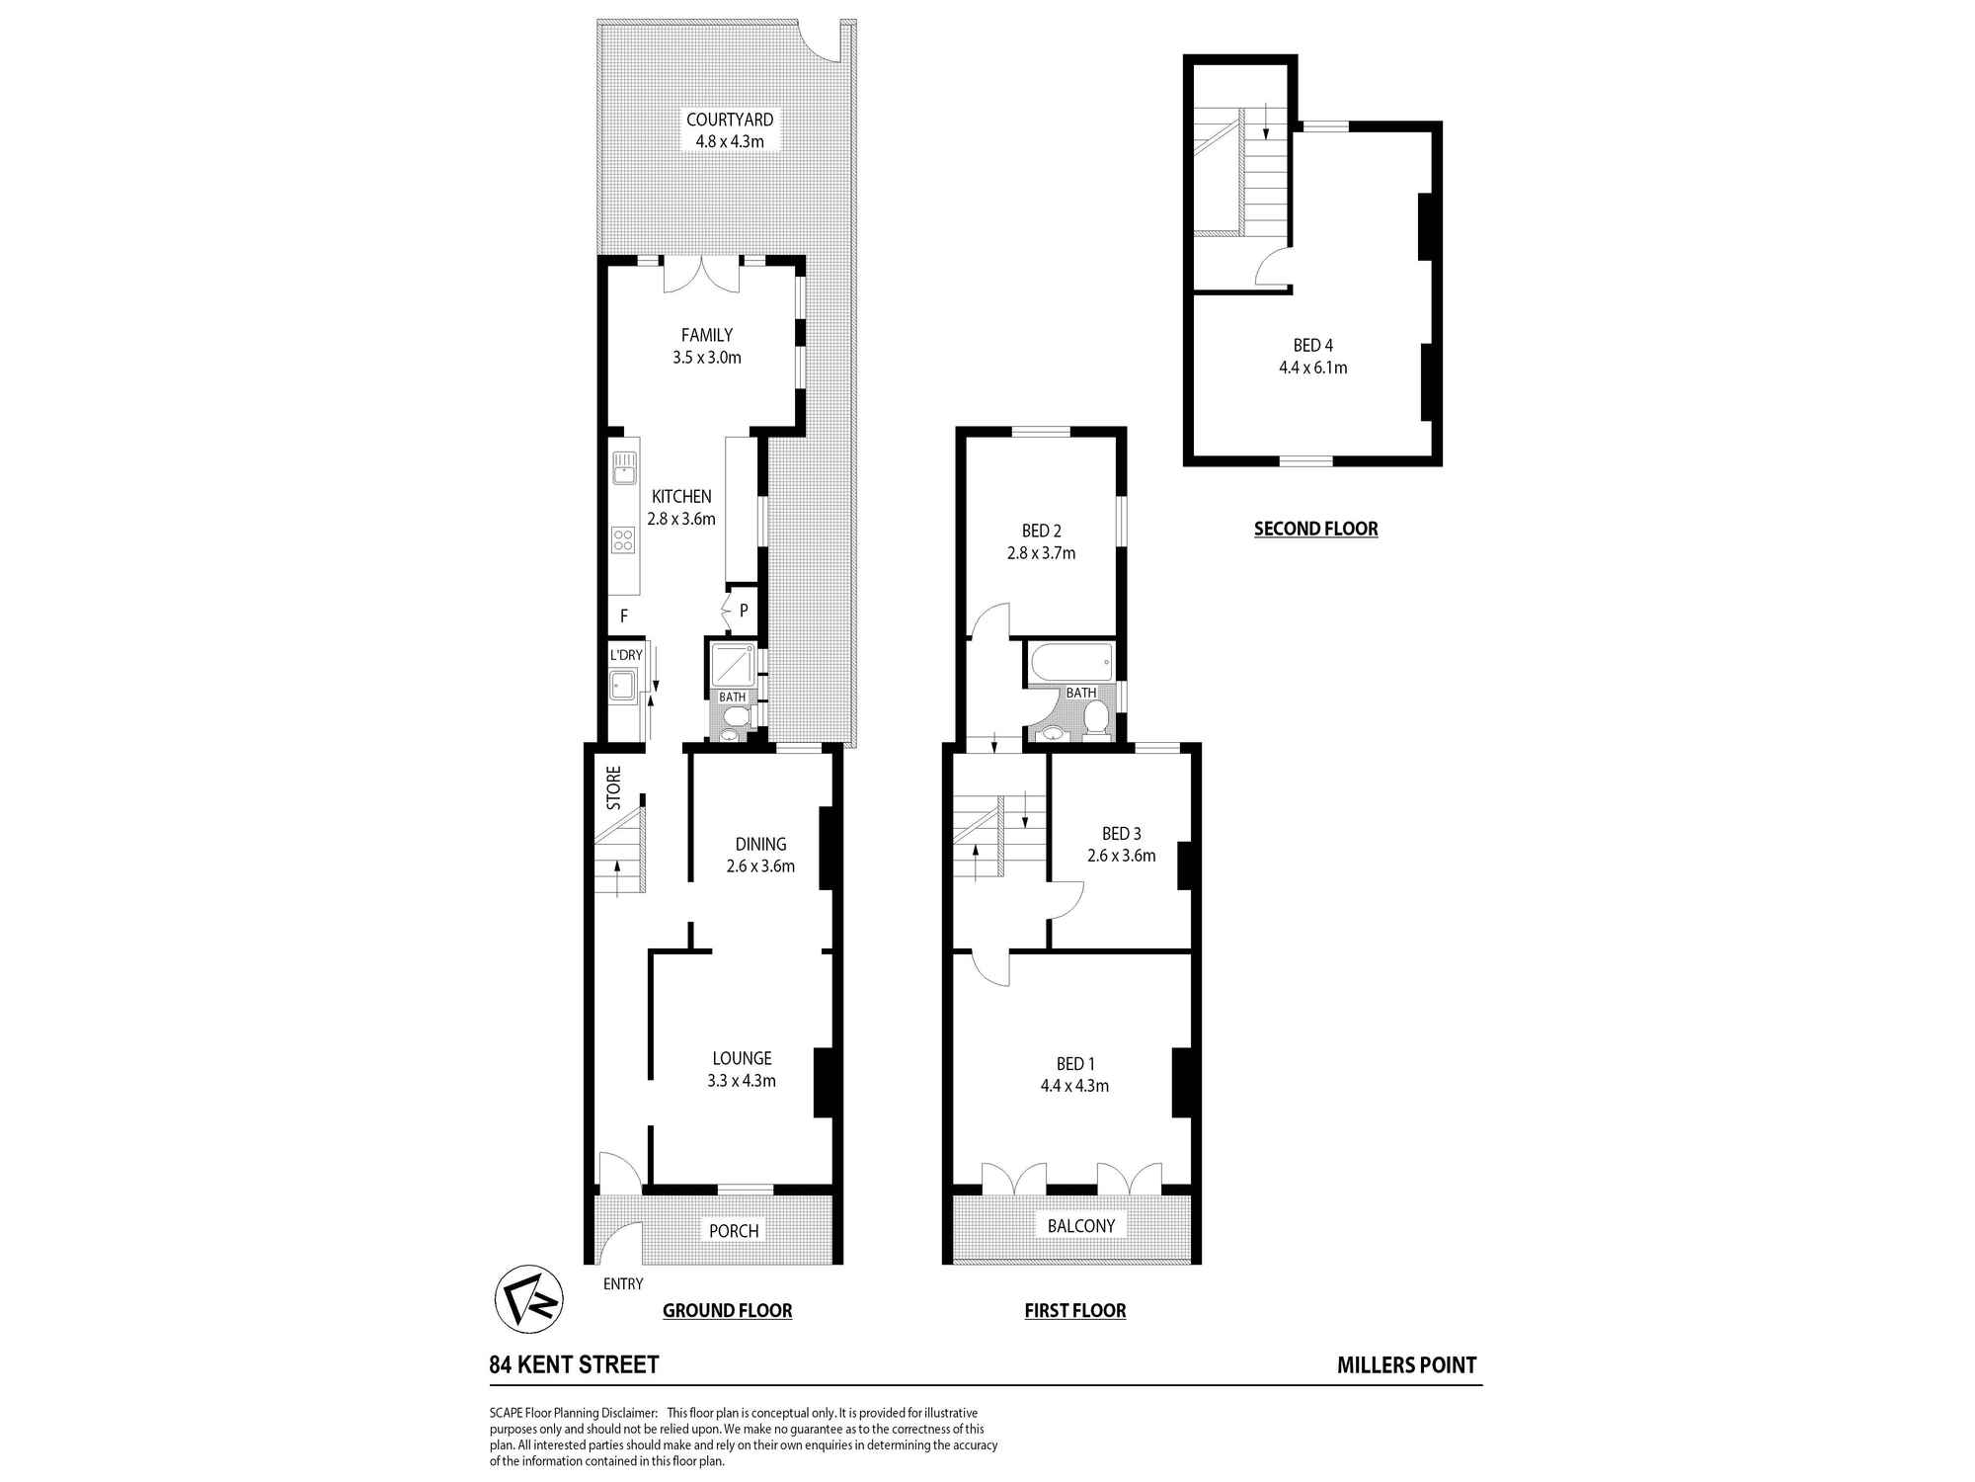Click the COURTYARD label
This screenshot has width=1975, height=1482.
pos(730,120)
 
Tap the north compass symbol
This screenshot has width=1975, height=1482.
pos(528,1298)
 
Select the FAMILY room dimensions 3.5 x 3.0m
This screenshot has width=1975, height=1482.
pos(707,358)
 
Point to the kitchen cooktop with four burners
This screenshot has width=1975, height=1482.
pos(623,539)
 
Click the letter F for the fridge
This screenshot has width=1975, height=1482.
pos(624,616)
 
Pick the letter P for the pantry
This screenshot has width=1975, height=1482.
pos(744,611)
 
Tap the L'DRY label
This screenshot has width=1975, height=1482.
pos(626,655)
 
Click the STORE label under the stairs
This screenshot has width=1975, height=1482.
pos(614,788)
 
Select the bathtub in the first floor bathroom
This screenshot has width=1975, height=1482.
pos(1070,662)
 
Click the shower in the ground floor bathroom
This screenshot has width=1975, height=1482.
pos(734,665)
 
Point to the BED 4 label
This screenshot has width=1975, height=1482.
pos(1312,345)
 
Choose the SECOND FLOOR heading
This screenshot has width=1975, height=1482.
pos(1315,529)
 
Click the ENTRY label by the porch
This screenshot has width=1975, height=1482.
pos(623,1283)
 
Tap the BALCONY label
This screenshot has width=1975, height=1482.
pos(1081,1226)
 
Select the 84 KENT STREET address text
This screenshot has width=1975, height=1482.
pos(574,1365)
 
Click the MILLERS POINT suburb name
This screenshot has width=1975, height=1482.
pos(1406,1365)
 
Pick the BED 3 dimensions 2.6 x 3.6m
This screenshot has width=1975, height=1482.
pos(1121,856)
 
